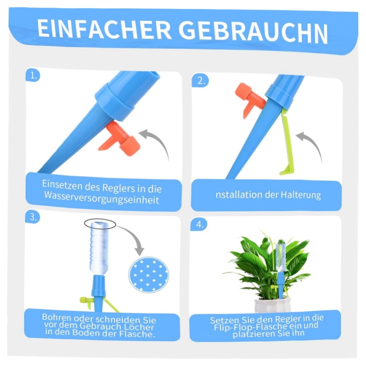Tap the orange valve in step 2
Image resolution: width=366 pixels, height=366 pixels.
[249, 98]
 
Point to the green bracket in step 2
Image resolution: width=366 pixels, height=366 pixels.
[287, 146]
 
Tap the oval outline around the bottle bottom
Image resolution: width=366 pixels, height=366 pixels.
[100, 223]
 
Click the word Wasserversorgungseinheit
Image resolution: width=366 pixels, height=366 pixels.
[102, 200]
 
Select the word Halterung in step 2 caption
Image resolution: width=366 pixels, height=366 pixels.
[300, 195]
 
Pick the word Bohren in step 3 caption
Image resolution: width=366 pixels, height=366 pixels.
[55, 317]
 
